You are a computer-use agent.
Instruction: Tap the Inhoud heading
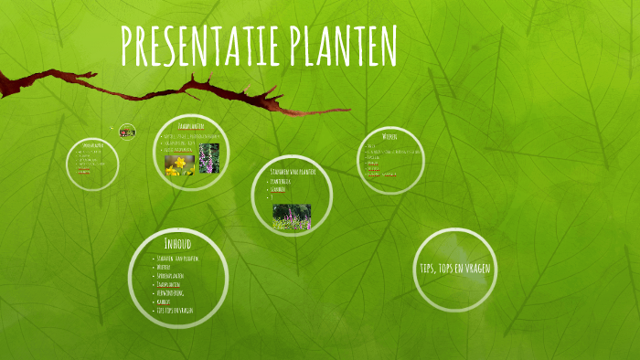click(x=177, y=244)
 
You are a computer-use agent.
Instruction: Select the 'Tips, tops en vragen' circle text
click(x=455, y=268)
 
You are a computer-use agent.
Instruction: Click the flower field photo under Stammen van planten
click(x=292, y=217)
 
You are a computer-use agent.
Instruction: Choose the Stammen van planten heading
click(x=292, y=172)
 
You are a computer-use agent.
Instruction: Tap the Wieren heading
click(x=389, y=137)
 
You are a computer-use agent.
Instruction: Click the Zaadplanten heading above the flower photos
click(x=190, y=126)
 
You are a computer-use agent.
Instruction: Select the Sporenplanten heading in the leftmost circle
click(x=91, y=145)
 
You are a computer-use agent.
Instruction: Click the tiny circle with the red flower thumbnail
click(x=127, y=132)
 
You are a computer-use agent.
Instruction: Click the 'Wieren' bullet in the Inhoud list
click(x=165, y=268)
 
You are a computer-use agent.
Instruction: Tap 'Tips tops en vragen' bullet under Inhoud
click(x=175, y=310)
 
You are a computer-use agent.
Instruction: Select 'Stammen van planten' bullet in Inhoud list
click(x=177, y=259)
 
